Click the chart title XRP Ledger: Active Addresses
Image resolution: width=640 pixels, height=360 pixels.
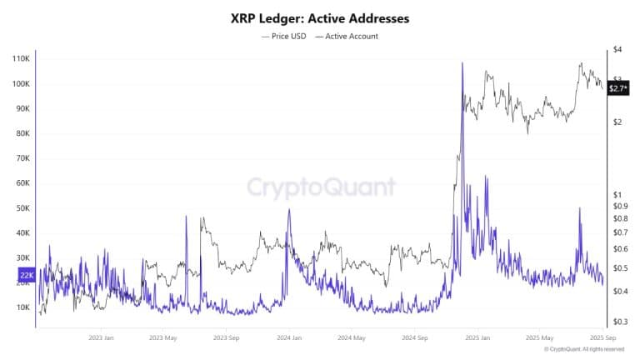click(320, 17)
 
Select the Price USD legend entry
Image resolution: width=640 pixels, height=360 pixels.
click(284, 36)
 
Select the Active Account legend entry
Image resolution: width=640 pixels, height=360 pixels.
click(347, 36)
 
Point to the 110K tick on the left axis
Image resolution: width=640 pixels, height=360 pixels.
click(20, 59)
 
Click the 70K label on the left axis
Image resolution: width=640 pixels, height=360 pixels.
click(21, 158)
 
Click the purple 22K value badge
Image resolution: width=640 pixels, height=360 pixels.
click(25, 272)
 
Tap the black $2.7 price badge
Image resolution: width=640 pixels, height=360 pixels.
click(617, 87)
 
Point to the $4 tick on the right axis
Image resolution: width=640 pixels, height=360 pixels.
click(617, 50)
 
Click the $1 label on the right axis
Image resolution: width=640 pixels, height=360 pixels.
click(617, 194)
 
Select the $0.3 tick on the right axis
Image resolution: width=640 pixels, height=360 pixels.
click(619, 321)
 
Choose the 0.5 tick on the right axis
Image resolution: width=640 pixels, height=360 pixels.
click(619, 267)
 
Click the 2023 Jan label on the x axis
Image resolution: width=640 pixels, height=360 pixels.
click(101, 337)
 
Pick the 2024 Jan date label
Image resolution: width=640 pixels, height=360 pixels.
click(288, 337)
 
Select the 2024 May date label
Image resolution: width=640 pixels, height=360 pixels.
click(352, 337)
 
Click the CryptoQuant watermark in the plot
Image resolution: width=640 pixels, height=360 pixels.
click(321, 187)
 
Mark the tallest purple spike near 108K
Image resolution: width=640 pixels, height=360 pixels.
click(462, 64)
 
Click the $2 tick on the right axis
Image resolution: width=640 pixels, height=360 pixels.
click(617, 122)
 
